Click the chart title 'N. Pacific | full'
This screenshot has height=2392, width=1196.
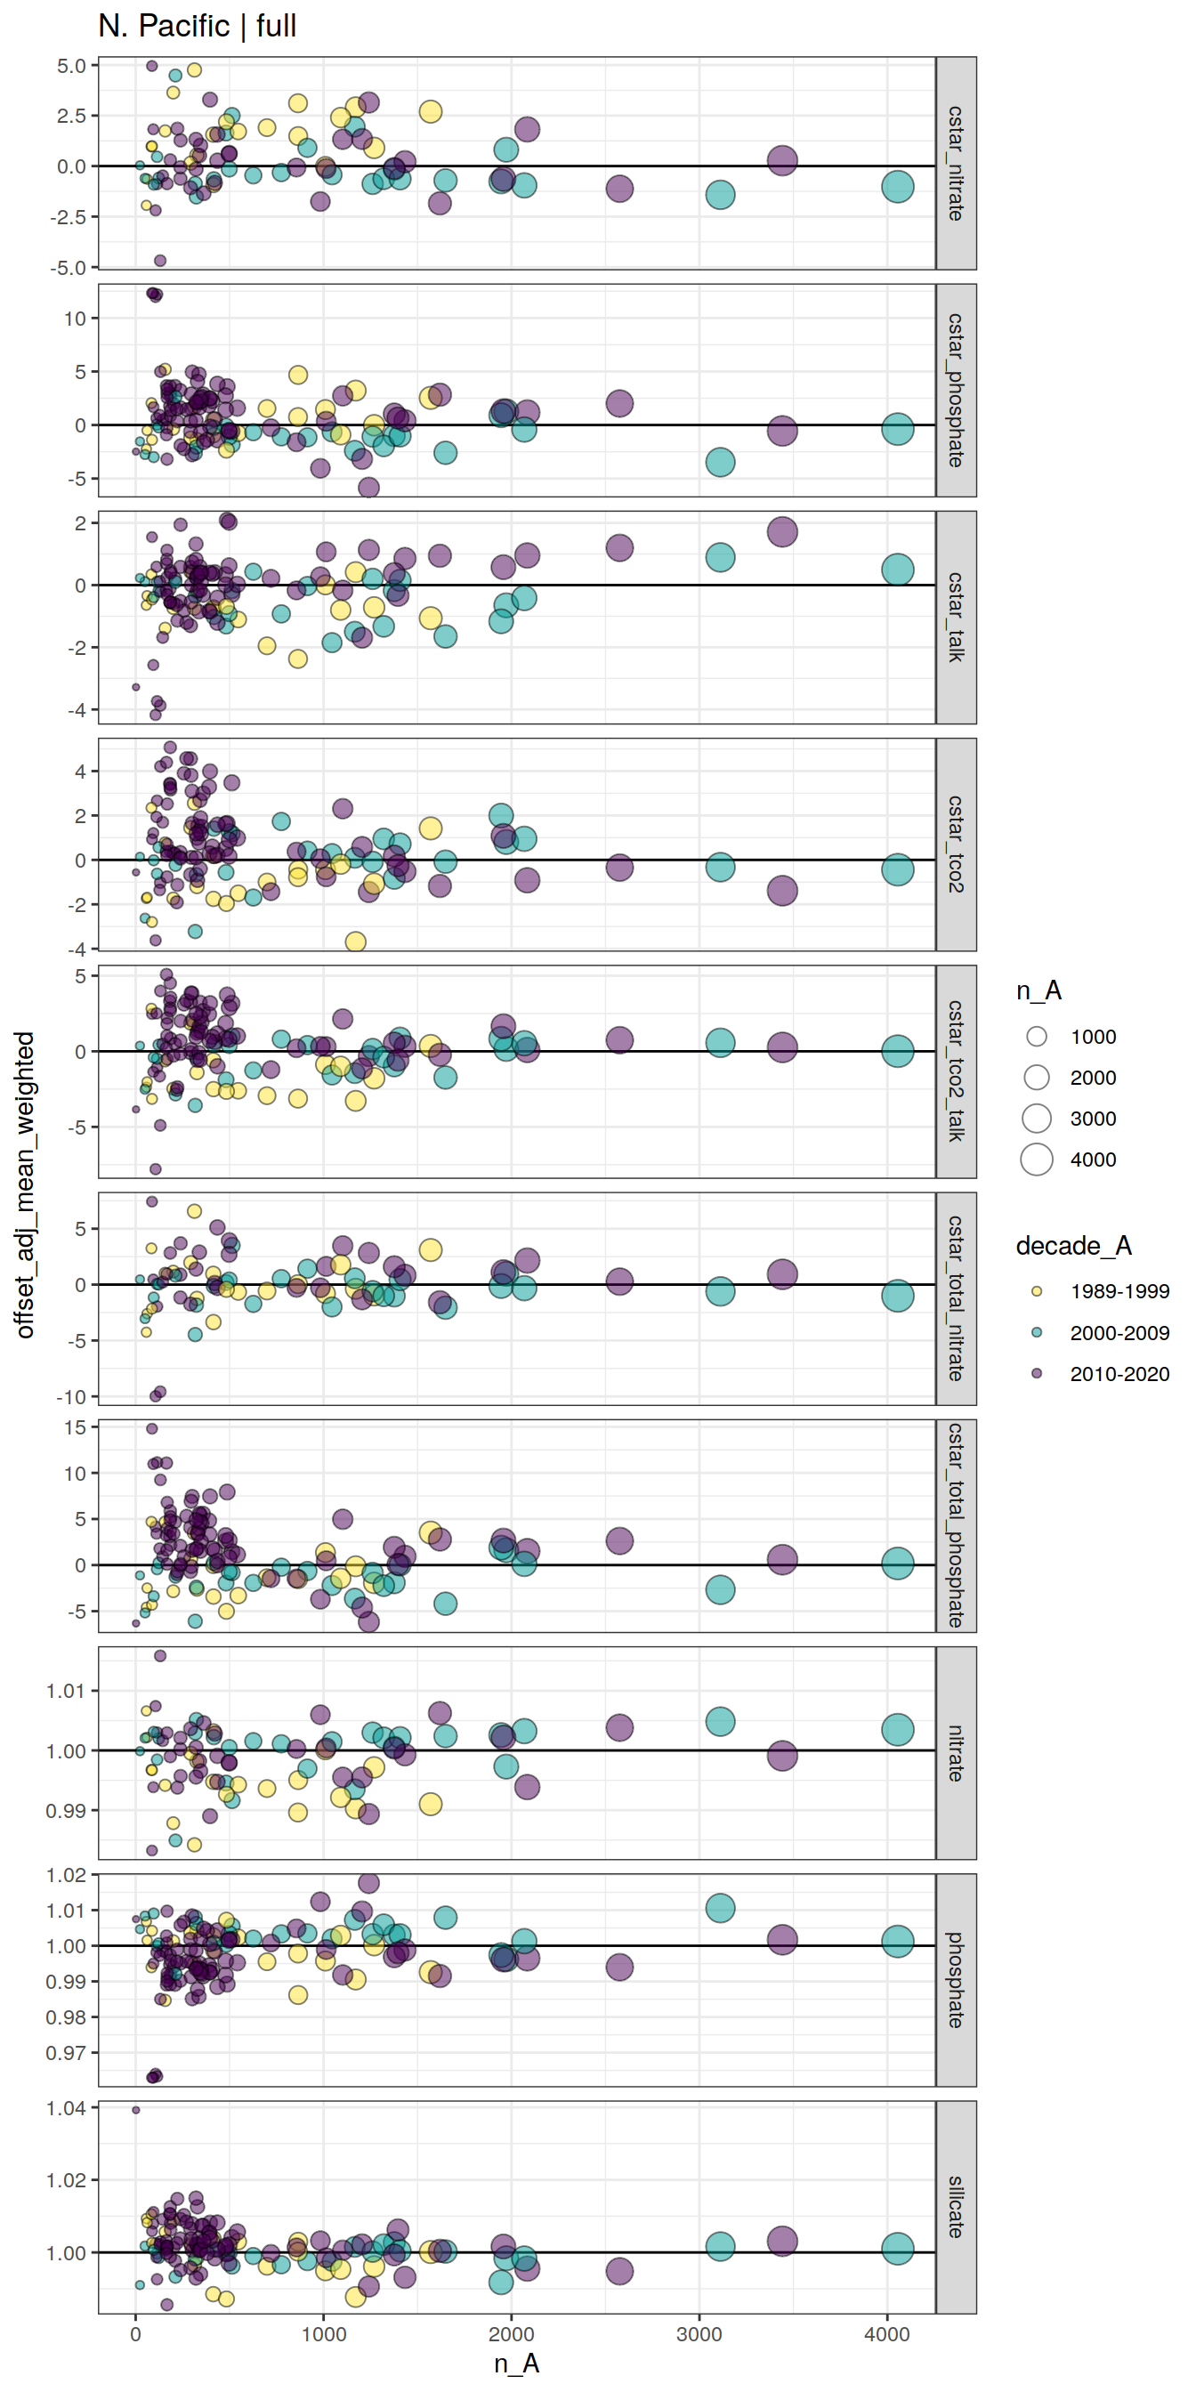click(x=197, y=26)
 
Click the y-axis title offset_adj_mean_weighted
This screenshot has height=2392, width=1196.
click(x=25, y=1184)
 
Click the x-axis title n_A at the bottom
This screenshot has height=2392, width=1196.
click(x=516, y=2364)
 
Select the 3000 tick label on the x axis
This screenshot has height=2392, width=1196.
click(x=699, y=2334)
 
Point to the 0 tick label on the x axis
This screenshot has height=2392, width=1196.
click(x=135, y=2334)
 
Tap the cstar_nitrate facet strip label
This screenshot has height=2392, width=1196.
click(x=956, y=163)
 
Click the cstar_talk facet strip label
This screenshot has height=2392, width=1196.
click(x=956, y=617)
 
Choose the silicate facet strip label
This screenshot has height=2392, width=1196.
click(x=956, y=2207)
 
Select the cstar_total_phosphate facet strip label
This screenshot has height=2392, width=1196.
click(x=956, y=1524)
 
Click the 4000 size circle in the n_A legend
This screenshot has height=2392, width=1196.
click(x=1037, y=1159)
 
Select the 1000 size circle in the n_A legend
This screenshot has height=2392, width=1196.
click(x=1037, y=1037)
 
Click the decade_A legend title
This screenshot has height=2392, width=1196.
click(x=1072, y=1245)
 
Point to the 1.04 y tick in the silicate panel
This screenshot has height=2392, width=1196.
click(x=67, y=2108)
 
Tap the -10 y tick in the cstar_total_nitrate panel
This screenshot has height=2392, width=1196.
click(x=70, y=1396)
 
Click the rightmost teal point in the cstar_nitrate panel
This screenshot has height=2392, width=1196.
click(x=897, y=187)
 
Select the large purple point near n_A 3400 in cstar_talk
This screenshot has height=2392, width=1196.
click(x=782, y=531)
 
